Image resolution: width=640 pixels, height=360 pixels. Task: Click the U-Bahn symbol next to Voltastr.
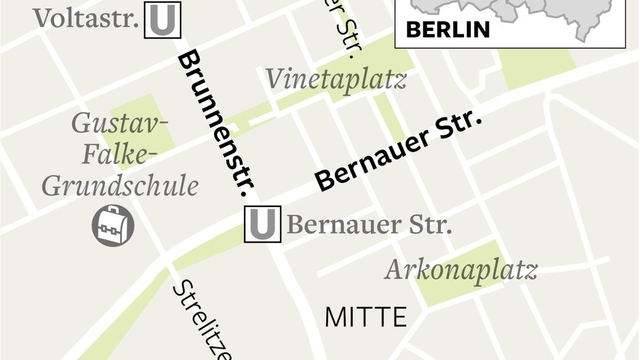[163, 20]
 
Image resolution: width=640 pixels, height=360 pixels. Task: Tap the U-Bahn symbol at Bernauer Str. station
[262, 224]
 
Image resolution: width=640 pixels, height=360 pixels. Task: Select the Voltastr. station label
[86, 19]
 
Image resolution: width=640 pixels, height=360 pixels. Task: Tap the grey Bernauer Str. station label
[369, 225]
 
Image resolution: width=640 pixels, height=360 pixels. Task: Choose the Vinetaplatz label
[336, 80]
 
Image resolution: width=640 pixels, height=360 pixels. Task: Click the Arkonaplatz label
[461, 270]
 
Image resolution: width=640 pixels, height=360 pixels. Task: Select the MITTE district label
[365, 317]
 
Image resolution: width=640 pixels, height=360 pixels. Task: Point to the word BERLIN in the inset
[447, 29]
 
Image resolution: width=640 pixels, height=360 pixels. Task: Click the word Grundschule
[120, 187]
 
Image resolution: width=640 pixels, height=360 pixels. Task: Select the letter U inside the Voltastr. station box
[163, 20]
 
